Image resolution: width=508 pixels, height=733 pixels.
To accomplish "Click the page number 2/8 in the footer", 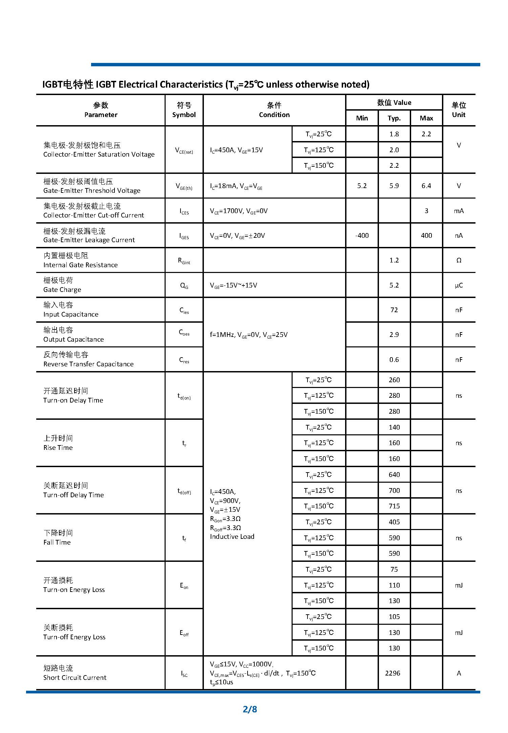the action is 250,709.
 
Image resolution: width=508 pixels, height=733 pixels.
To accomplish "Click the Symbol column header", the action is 184,115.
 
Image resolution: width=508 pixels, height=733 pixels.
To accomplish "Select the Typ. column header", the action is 394,118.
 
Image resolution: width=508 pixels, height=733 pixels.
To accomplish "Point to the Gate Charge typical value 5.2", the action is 394,285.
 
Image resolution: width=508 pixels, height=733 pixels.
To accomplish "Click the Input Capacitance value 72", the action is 394,310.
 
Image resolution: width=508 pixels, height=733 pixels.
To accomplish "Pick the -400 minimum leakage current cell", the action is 362,235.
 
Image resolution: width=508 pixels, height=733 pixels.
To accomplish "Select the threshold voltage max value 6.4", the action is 426,186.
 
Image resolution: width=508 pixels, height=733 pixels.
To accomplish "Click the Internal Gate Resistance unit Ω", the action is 459,260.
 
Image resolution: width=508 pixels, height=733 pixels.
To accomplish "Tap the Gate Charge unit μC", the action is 459,285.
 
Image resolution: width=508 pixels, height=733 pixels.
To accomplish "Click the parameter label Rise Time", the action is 58,448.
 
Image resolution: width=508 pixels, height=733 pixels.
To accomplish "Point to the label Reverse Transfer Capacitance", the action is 88,364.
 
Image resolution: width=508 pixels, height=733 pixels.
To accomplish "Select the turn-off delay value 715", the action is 394,506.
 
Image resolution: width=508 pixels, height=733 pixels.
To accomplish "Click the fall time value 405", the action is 394,522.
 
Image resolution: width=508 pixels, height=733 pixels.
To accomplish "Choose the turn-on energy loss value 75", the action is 394,569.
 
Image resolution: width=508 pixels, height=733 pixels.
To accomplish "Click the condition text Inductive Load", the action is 232,536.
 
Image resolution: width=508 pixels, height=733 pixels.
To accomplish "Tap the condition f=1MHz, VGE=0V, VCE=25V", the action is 249,335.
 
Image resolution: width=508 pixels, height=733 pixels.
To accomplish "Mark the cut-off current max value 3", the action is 426,211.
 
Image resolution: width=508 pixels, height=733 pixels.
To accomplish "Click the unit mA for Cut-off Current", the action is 459,211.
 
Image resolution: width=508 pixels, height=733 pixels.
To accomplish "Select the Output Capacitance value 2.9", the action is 394,335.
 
